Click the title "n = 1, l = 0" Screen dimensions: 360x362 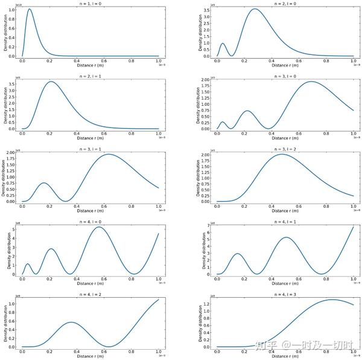point(91,4)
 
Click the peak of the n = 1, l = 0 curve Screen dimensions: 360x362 point(30,9)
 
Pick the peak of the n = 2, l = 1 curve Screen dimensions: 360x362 point(52,82)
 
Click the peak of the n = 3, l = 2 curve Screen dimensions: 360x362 point(281,154)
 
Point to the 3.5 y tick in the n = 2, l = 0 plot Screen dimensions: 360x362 point(208,11)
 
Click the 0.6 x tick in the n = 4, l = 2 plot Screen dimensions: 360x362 point(104,351)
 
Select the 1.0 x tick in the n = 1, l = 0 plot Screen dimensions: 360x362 point(158,61)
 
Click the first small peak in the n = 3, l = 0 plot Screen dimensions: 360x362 point(223,122)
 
